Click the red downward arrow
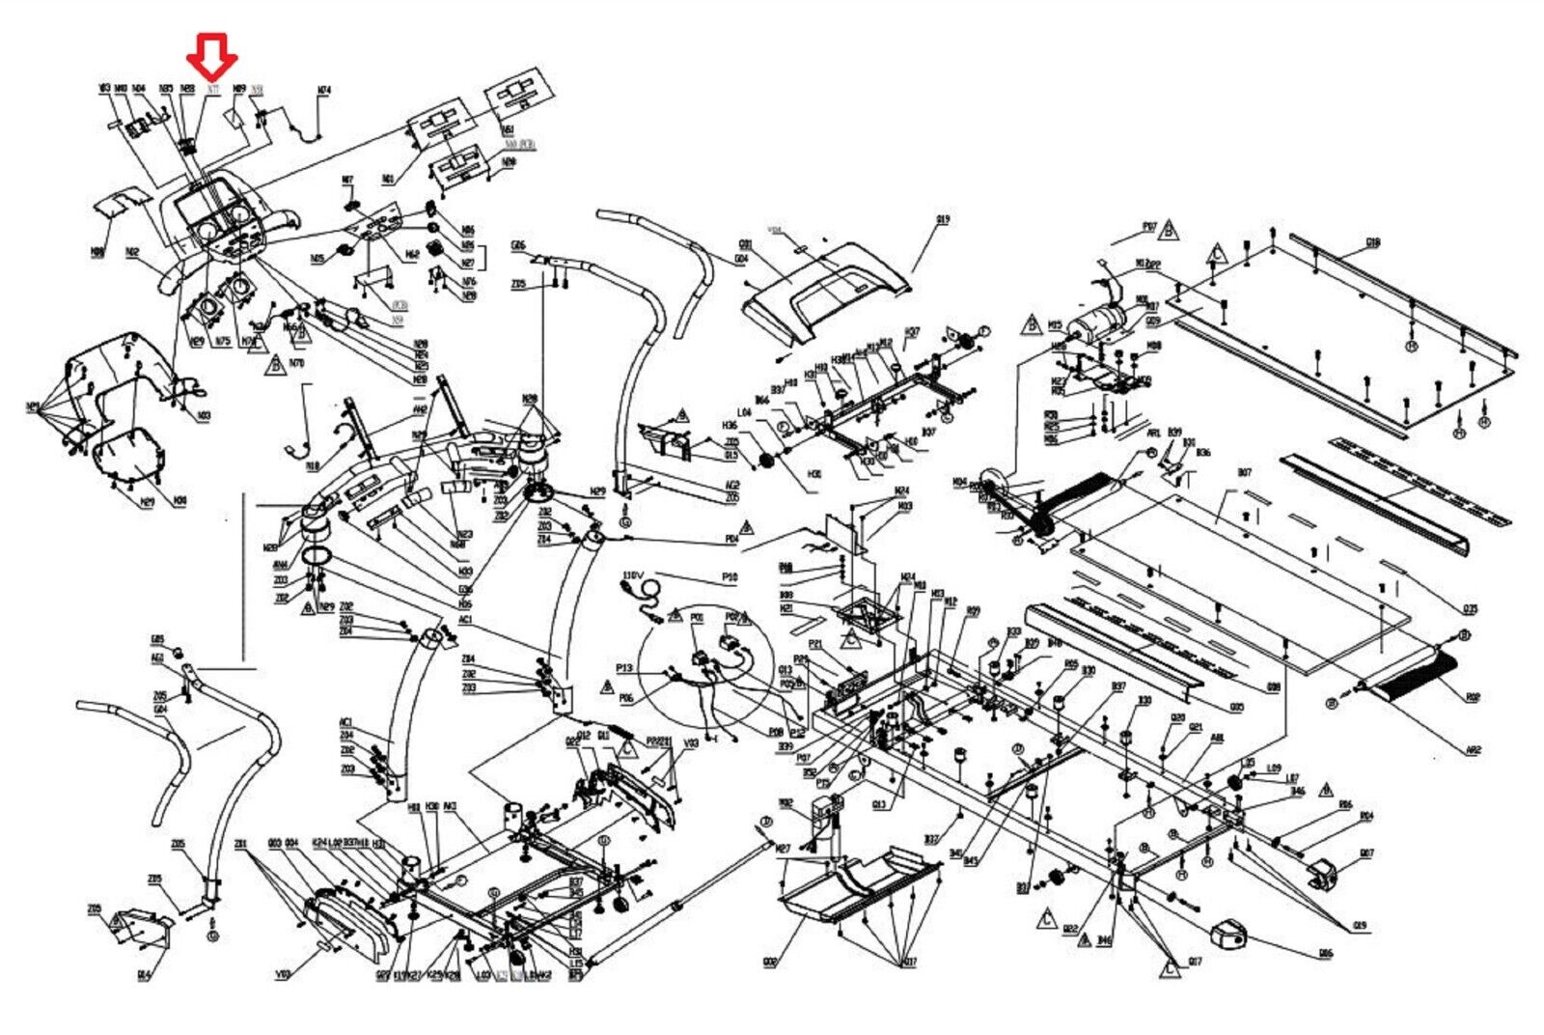212,55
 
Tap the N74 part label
324,91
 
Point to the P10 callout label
730,577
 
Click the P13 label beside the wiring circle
624,668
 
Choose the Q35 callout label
1470,609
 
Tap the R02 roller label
1473,697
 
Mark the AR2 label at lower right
1473,749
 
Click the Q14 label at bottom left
144,975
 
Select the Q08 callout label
768,963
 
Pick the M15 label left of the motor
1055,325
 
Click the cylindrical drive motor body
1100,319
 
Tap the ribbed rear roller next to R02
1414,676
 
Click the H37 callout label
911,332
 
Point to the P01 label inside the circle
697,617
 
